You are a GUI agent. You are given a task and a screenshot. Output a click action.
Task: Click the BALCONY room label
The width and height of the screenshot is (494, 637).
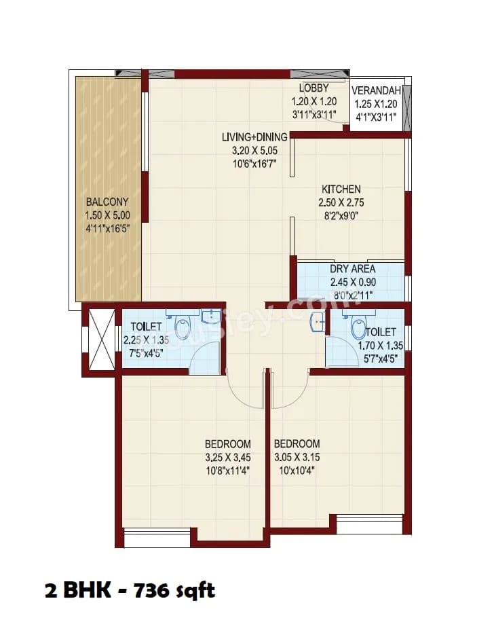pos(107,202)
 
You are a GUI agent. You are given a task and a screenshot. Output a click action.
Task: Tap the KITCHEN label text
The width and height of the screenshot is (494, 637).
pos(341,189)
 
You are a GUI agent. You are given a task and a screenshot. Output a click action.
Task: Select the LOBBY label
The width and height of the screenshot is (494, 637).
pos(313,88)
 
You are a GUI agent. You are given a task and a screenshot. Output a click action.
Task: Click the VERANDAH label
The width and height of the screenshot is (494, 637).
pos(377,90)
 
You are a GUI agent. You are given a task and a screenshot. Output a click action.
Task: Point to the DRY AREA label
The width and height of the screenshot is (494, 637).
pos(352,269)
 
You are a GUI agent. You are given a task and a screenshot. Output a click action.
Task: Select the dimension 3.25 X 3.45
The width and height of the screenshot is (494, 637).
pos(227,456)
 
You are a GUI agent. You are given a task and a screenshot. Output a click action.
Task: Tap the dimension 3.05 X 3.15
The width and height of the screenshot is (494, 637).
pos(297,456)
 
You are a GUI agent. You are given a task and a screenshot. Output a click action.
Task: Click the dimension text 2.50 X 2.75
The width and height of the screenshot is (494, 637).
pos(341,202)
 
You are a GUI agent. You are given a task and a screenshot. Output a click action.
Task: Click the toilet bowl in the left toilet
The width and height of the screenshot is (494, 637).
pos(183,327)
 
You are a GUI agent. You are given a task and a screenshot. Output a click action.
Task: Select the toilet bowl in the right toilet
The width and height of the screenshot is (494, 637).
pos(358,327)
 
